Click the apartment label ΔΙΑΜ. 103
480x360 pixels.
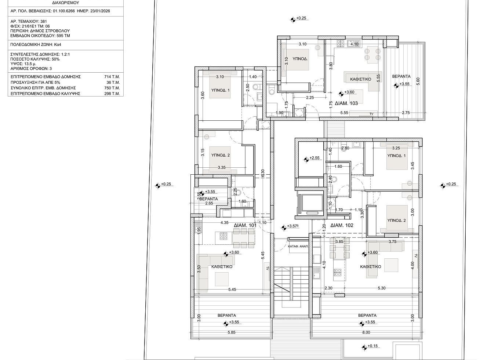tap(346, 103)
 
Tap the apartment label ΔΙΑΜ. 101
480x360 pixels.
tap(245, 225)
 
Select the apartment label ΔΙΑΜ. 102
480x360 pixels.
tap(342, 225)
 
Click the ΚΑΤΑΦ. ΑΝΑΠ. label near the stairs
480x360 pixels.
tap(298, 246)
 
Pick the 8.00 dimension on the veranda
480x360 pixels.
tap(366, 332)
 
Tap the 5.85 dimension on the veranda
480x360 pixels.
tap(231, 332)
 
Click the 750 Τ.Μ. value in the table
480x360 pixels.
tap(112, 88)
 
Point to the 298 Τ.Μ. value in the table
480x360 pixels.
tap(112, 94)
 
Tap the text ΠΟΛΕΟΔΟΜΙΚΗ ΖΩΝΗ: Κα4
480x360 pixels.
tap(36, 45)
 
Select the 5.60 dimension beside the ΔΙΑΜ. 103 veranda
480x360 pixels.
tap(418, 81)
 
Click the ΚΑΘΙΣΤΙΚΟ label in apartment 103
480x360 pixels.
tap(361, 79)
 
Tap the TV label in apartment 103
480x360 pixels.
tap(371, 114)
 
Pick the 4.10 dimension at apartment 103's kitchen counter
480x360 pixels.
tap(354, 44)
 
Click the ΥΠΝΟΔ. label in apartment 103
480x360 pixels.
tap(300, 59)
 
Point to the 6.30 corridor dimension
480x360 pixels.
tap(263, 173)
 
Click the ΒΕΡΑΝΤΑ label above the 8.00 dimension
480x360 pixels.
tap(367, 315)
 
